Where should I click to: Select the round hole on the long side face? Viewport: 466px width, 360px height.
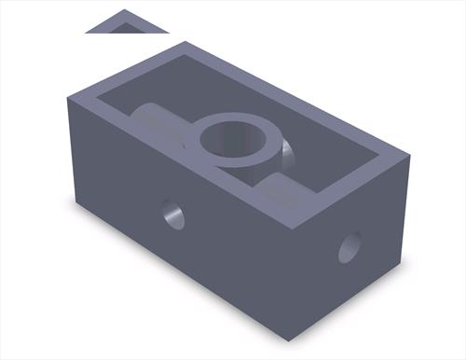click(x=173, y=215)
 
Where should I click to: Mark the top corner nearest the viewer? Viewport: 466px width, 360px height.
click(x=298, y=227)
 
